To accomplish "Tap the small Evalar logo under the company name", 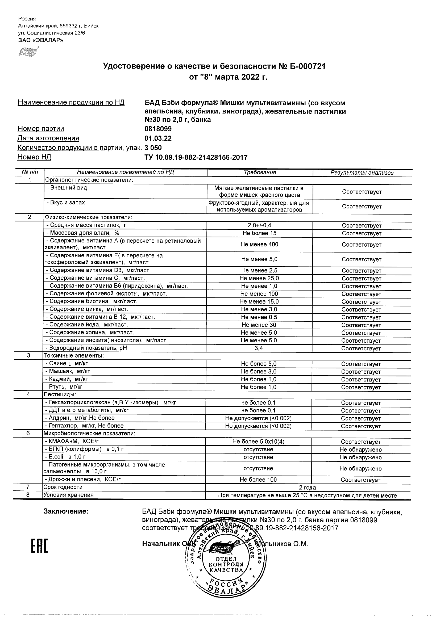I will pos(28,52).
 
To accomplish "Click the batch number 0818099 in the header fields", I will pos(158,129).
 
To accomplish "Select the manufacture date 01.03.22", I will pos(158,138).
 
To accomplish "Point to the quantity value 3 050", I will pos(153,148).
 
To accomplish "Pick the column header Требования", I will pos(260,173).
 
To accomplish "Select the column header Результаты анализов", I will pos(362,173).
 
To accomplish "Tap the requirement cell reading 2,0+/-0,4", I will pos(259,225).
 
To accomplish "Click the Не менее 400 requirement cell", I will pos(259,244).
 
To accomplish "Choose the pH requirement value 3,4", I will pos(259,348).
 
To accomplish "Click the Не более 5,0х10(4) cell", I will pos(258,442).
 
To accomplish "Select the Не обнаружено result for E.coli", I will pos(360,457).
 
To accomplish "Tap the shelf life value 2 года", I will pos(308,487).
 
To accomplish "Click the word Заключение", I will pos(66,511).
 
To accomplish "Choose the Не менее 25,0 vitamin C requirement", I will pos(259,278).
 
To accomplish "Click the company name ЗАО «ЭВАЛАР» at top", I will pos(41,40).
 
